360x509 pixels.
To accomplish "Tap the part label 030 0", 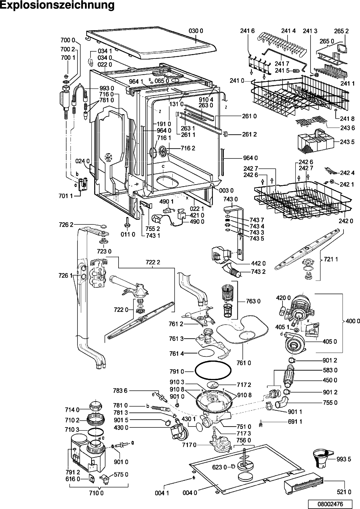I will pos(196,31).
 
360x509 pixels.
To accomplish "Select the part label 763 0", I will pos(253,301).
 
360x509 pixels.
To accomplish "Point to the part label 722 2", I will pos(152,262).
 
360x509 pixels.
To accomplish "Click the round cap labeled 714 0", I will pos(94,407).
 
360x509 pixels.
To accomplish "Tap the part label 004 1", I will pos(162,493).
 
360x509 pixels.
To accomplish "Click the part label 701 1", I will pos(65,196).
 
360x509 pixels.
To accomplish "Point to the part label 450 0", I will pos(330,380).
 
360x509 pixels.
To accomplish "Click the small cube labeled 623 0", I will pos(233,466).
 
